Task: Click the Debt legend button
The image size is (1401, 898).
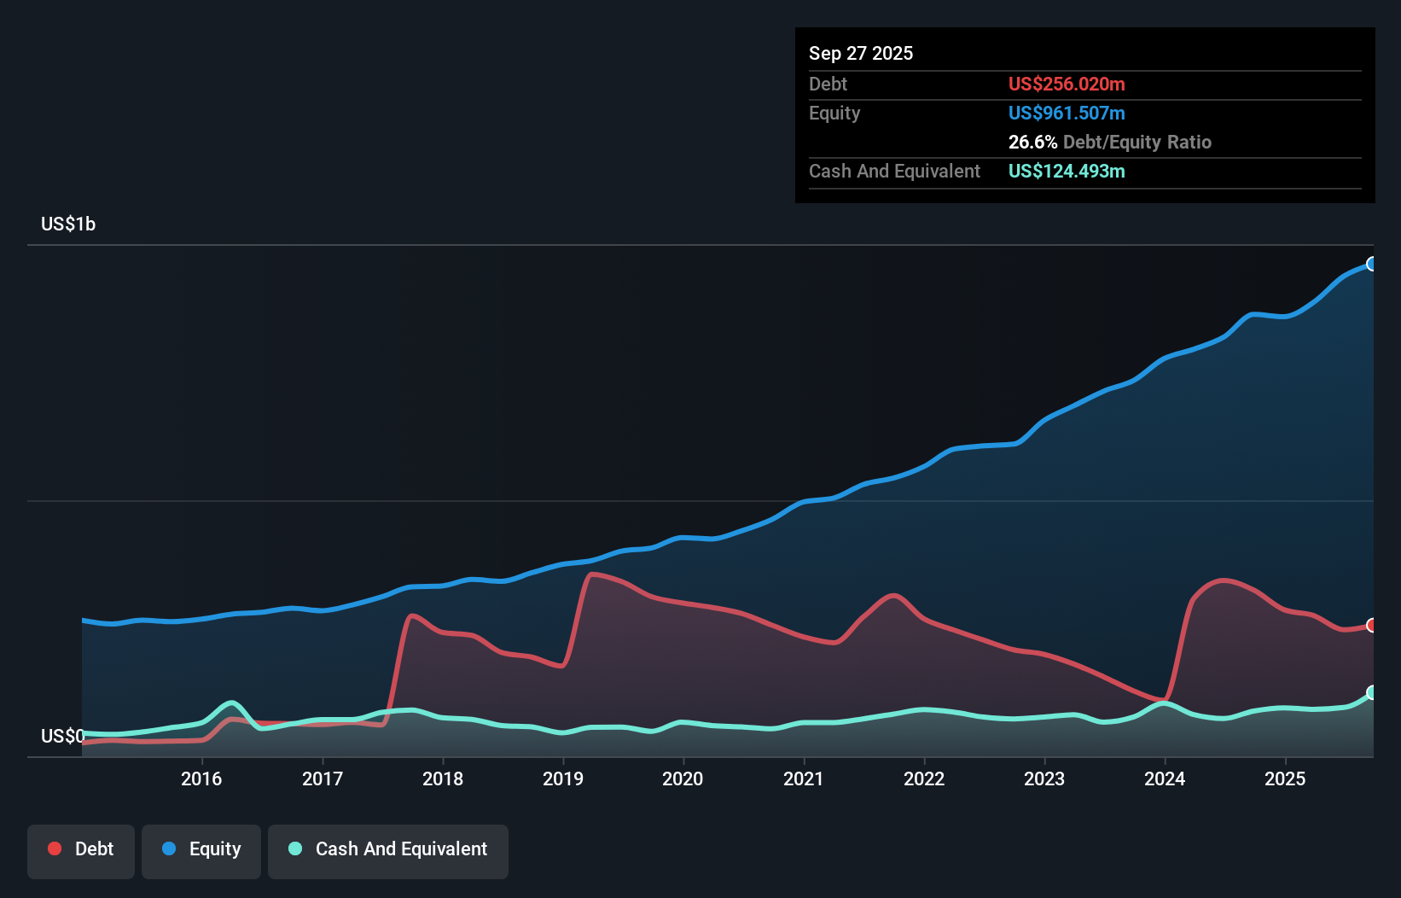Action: (x=81, y=849)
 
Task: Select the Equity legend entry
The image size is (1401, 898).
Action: (x=201, y=849)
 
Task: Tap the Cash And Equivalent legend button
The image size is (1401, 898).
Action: (x=388, y=849)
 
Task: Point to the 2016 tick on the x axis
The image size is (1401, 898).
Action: (x=201, y=778)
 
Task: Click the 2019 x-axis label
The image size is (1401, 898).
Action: (x=563, y=778)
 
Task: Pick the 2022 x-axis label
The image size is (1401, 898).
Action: (x=924, y=778)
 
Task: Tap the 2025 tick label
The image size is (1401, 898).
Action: (x=1285, y=778)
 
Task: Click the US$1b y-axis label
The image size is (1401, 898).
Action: (x=68, y=224)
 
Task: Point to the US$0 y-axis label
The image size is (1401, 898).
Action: (x=62, y=736)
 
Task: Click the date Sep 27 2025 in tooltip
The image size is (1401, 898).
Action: (x=861, y=53)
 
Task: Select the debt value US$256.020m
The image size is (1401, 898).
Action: (x=1067, y=84)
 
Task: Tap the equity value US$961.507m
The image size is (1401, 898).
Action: (x=1067, y=113)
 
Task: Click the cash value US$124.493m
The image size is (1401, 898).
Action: (x=1067, y=171)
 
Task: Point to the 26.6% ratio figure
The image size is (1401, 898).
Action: (x=1032, y=142)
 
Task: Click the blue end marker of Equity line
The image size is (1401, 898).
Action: (x=1371, y=264)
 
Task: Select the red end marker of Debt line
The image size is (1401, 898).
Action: (x=1371, y=626)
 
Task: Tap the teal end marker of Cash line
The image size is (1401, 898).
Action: (x=1371, y=692)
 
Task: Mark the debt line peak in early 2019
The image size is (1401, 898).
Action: (x=591, y=574)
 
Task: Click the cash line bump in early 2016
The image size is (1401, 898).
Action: (x=230, y=703)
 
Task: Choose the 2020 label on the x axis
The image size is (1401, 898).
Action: (x=683, y=778)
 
